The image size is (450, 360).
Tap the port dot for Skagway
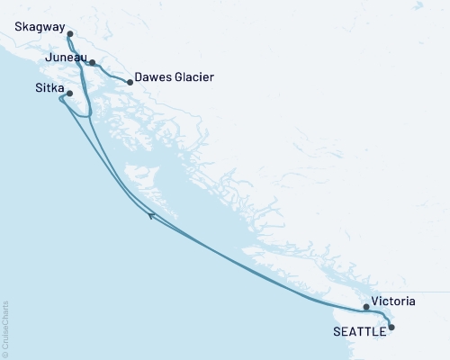point(70,34)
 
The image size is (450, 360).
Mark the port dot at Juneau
point(92,63)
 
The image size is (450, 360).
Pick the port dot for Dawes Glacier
point(130,83)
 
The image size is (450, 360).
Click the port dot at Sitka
point(69,92)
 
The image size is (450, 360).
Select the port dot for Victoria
point(365,307)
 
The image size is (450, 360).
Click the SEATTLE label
point(361,330)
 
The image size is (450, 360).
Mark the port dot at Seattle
point(391,328)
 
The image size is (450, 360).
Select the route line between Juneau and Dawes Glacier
point(112,73)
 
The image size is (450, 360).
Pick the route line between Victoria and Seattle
point(382,315)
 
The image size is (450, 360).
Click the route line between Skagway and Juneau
point(77,49)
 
